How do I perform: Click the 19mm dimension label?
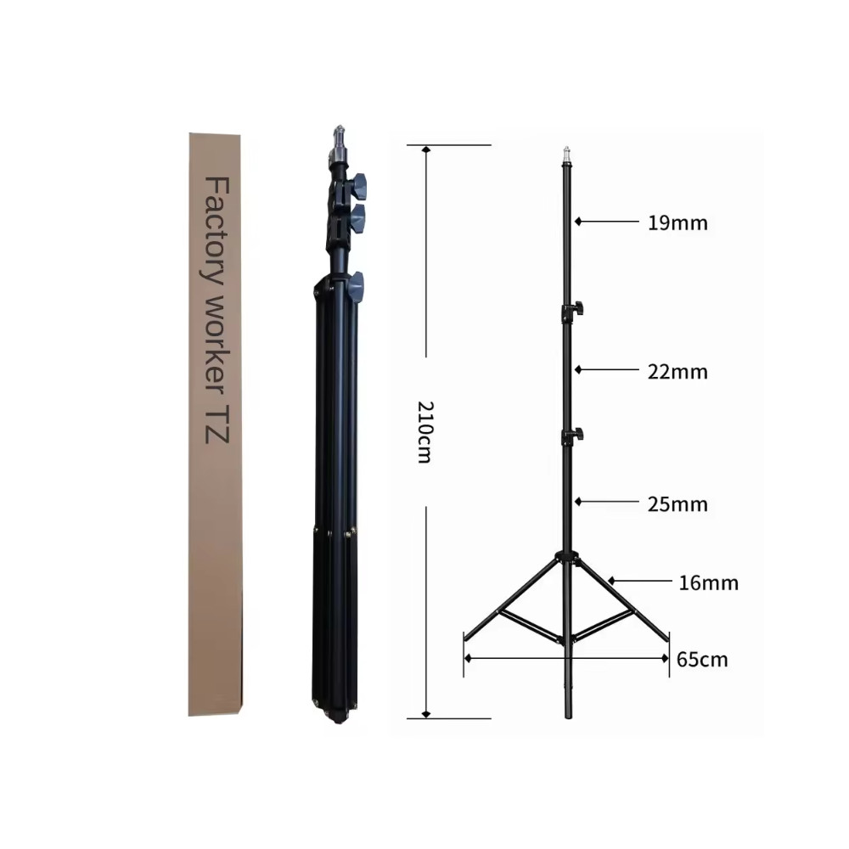point(678,223)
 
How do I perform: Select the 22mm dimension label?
point(678,372)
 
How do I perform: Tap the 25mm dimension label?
point(678,504)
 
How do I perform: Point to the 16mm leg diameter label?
point(708,583)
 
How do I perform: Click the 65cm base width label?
point(702,660)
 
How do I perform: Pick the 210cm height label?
point(425,432)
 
